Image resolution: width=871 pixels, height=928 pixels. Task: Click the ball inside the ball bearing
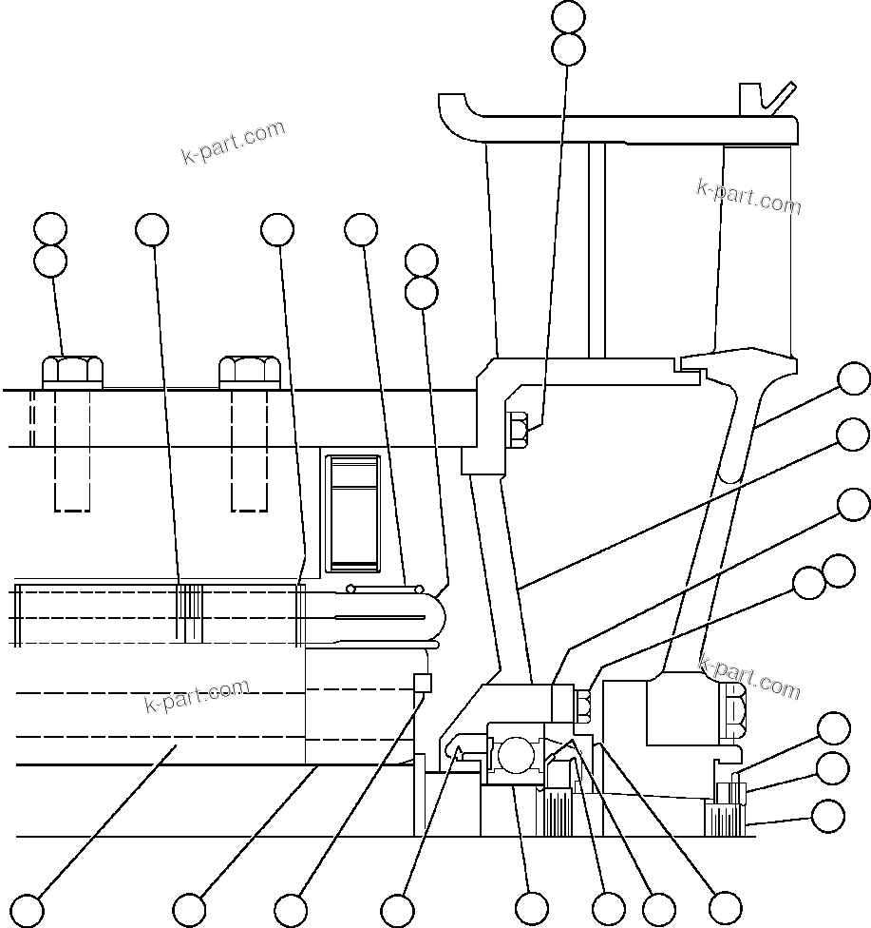pos(517,757)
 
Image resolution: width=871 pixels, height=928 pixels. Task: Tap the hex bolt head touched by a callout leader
pos(73,370)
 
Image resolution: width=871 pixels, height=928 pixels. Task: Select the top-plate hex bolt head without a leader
pos(249,370)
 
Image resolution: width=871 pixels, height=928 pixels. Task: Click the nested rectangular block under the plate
pos(352,514)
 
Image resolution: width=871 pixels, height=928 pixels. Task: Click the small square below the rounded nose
pos(424,683)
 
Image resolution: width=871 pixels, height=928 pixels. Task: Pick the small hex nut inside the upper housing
pos(519,430)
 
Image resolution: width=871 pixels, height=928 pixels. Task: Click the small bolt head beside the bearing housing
pos(583,705)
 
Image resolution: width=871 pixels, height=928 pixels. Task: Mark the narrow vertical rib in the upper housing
pos(596,247)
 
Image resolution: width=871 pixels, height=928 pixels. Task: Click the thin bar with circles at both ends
pos(386,587)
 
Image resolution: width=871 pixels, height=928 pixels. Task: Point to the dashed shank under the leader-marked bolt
pos(73,447)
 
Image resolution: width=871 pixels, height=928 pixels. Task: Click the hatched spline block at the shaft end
pos(724,819)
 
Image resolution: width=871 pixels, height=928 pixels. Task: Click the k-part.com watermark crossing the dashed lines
pos(198,695)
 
